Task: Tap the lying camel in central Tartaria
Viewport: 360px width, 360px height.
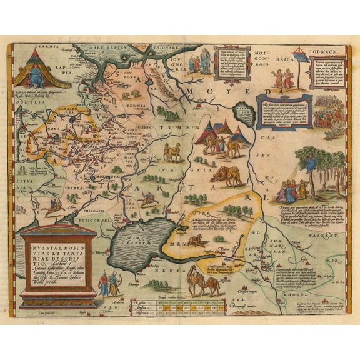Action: (227, 176)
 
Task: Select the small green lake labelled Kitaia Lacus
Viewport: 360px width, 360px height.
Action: (241, 116)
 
